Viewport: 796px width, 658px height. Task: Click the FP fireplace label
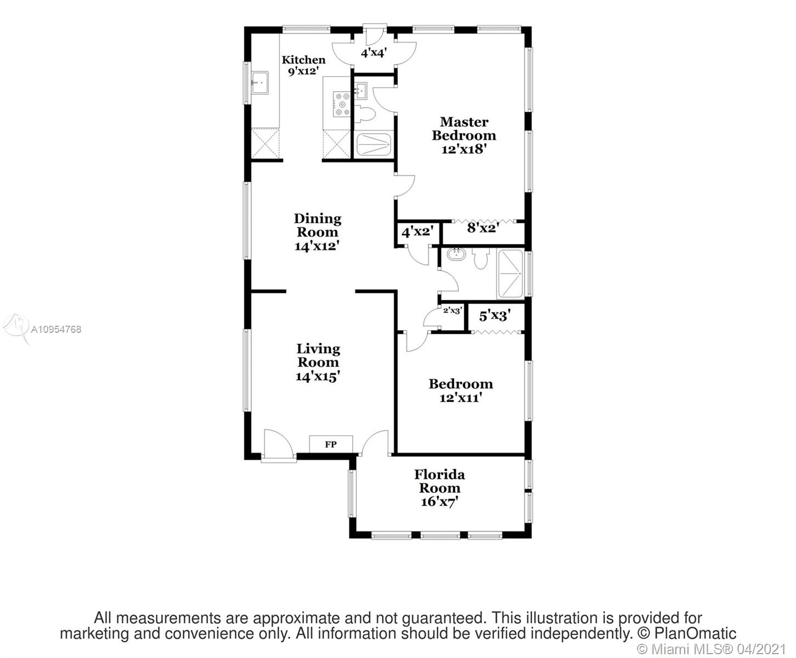[x=330, y=444]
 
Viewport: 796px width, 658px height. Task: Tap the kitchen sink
[x=260, y=83]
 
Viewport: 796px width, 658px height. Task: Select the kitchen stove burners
[x=342, y=104]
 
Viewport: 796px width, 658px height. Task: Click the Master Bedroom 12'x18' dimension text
[x=464, y=149]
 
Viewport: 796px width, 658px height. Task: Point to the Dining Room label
[x=317, y=225]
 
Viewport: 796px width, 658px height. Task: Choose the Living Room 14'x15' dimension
[x=318, y=377]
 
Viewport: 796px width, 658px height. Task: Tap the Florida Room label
[x=439, y=481]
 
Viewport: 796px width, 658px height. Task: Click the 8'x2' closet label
[x=483, y=228]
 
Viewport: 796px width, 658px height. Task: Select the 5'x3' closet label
[x=494, y=316]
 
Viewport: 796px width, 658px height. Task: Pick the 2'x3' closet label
[x=453, y=310]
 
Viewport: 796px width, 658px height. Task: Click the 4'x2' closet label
[x=417, y=231]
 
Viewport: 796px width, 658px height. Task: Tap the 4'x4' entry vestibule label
[x=374, y=53]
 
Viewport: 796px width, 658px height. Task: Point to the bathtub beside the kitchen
[x=374, y=145]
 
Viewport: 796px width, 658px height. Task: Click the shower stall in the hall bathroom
[x=510, y=274]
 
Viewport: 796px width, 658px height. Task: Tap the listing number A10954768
[x=56, y=329]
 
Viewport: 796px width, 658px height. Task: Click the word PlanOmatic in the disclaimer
[x=695, y=634]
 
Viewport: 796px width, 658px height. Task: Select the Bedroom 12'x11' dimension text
[x=460, y=398]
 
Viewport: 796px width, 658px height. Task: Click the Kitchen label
[x=303, y=60]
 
